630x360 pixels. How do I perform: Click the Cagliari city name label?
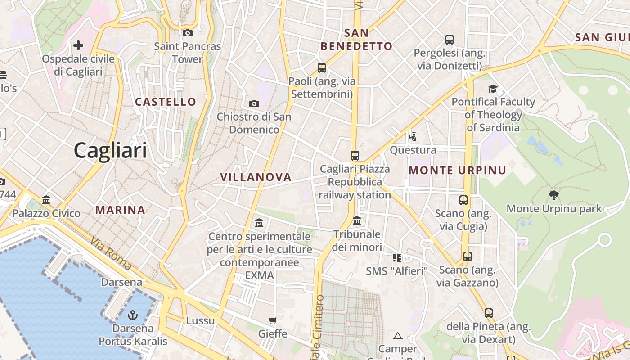coord(110,150)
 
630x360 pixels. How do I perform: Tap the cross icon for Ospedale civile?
coord(78,45)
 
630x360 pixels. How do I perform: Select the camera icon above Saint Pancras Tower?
coord(188,33)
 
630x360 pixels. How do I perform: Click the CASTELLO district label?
coord(166,102)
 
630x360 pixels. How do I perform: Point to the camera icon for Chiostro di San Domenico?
coord(254,104)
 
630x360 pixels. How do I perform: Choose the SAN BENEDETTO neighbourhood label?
coord(356,39)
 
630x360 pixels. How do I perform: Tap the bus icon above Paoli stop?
coord(322,68)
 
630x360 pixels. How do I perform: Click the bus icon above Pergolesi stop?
coord(449,40)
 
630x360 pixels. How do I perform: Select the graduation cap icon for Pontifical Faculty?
coord(493,89)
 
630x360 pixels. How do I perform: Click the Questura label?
coord(413,150)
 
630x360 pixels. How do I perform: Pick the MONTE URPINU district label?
coord(457,171)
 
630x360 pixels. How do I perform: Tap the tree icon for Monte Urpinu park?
coord(554,195)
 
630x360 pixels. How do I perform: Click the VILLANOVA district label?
coord(256,177)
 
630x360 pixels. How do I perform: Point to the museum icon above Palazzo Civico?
coord(46,200)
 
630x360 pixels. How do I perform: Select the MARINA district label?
coord(120,210)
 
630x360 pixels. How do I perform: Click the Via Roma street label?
coord(111,255)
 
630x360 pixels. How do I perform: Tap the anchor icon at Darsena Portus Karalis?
coord(133,315)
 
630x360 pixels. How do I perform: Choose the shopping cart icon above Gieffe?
coord(272,320)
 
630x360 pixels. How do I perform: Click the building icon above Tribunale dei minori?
coord(357,220)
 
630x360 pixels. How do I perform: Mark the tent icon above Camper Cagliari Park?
coord(397,336)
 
